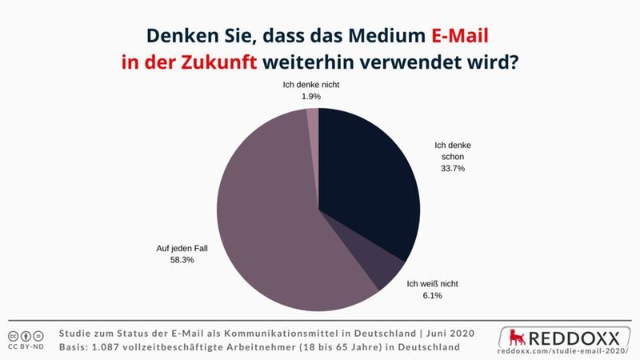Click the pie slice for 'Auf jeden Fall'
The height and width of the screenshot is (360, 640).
pyautogui.click(x=264, y=224)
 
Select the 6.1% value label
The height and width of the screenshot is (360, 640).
pyautogui.click(x=431, y=295)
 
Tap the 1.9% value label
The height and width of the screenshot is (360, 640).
pyautogui.click(x=310, y=96)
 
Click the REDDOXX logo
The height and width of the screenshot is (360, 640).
pyautogui.click(x=569, y=334)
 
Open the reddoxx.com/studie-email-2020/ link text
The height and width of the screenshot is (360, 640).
pyautogui.click(x=568, y=350)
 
